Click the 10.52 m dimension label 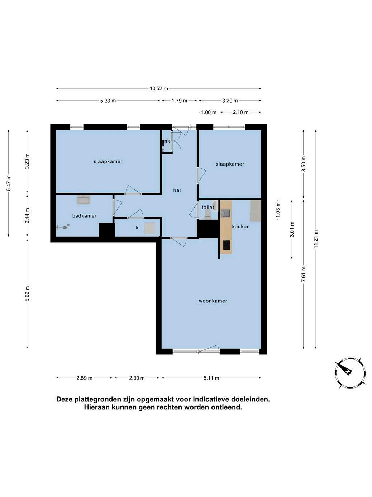tap(159, 89)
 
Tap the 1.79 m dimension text tap(179, 101)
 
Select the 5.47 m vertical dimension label tap(9, 183)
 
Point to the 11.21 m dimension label tap(316, 239)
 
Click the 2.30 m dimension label tap(137, 378)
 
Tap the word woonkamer tap(213, 301)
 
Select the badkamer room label tap(84, 216)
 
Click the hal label tap(177, 190)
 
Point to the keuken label tap(241, 227)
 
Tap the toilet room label tap(208, 207)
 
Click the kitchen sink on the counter tap(226, 213)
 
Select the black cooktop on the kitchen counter tap(226, 245)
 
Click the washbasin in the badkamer tap(84, 200)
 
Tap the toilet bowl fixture tap(207, 214)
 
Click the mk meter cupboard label tap(167, 141)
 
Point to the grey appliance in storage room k tap(150, 228)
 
